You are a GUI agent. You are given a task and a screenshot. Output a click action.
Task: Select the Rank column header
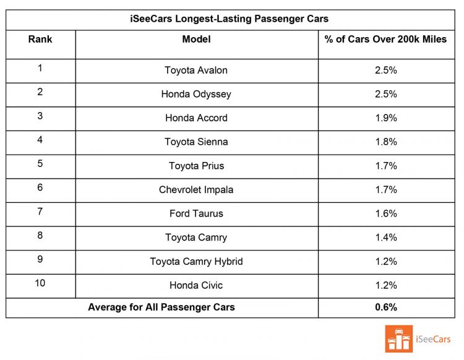click(x=40, y=39)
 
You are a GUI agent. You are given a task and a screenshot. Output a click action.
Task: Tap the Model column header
click(x=196, y=39)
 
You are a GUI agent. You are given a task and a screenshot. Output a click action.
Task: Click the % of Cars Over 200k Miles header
click(x=385, y=39)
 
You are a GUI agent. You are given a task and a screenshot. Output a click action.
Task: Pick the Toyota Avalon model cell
click(x=196, y=71)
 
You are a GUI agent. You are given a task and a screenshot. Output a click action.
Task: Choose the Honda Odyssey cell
click(x=196, y=94)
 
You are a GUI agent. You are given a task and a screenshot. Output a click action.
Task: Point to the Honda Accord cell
click(x=196, y=118)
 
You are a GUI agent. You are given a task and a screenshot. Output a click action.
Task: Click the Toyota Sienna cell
click(x=196, y=142)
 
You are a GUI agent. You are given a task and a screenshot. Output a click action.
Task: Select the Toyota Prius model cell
click(x=196, y=166)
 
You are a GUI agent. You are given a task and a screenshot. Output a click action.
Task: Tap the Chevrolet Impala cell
click(x=196, y=190)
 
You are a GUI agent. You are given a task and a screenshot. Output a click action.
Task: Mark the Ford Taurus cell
click(x=196, y=213)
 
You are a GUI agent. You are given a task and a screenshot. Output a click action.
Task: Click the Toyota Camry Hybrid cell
click(x=196, y=262)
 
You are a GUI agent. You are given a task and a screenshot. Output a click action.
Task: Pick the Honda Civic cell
click(x=196, y=285)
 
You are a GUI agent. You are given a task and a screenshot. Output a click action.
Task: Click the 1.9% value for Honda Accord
click(x=385, y=118)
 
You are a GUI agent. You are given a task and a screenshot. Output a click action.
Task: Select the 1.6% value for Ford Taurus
click(x=385, y=213)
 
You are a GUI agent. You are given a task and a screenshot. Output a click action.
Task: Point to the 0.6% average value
click(x=385, y=307)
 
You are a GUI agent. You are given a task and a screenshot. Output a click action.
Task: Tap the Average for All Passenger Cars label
click(x=161, y=307)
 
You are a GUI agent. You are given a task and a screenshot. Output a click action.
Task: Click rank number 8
click(x=40, y=236)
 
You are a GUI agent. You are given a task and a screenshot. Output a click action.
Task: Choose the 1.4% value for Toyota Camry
click(x=385, y=238)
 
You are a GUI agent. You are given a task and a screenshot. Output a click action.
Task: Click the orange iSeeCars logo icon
click(x=398, y=338)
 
